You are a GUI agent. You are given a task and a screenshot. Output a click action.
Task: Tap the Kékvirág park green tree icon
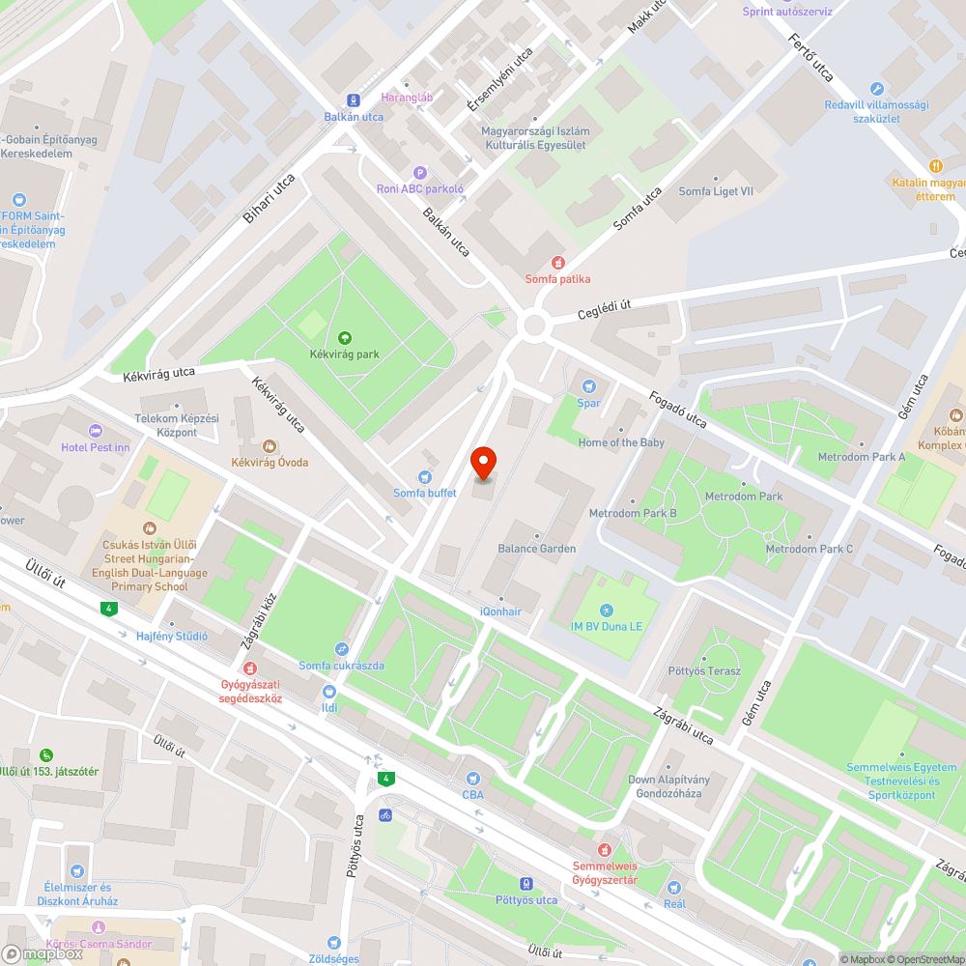346,338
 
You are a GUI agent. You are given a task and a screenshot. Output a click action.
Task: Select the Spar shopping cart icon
588,386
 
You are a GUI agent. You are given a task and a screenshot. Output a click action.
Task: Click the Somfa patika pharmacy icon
557,262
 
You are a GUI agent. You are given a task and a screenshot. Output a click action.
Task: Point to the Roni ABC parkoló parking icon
420,172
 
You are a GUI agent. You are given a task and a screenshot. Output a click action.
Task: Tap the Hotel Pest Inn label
95,447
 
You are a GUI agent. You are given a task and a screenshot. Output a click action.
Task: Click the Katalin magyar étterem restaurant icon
935,166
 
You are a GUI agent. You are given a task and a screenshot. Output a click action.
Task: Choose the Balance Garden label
536,549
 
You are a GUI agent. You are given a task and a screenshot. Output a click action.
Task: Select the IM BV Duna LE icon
606,610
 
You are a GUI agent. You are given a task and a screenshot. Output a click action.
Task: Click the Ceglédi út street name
604,306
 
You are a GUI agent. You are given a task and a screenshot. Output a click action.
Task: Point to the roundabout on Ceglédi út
534,325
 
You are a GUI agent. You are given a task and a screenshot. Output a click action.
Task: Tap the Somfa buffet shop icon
424,476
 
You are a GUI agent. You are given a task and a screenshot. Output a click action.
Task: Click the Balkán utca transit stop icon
354,99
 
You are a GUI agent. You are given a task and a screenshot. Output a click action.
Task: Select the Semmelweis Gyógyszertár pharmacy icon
606,849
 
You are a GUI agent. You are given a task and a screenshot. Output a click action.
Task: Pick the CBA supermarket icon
472,778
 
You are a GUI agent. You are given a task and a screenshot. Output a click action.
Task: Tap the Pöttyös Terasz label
704,670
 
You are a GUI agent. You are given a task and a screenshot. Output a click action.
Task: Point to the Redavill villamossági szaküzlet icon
877,88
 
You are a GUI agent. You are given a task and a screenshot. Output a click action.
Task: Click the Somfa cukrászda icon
341,649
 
